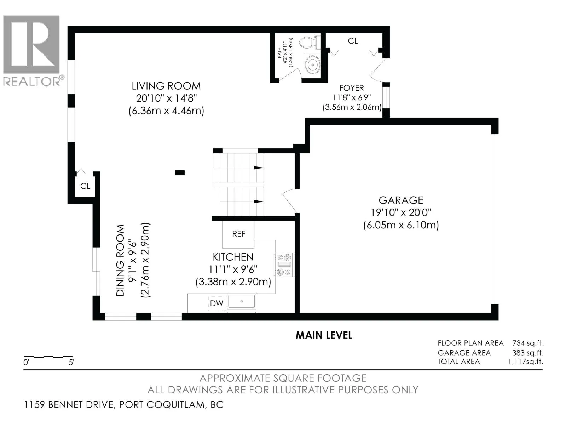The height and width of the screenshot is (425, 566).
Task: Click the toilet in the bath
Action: [310, 43]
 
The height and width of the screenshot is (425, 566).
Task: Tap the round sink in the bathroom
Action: [312, 64]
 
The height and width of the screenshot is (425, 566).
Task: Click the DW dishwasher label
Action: [216, 304]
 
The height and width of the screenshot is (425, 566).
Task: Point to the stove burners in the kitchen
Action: [284, 265]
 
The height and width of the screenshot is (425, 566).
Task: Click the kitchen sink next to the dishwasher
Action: [242, 301]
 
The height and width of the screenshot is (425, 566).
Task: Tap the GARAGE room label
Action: [401, 200]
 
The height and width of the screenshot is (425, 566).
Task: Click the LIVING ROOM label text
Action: [166, 86]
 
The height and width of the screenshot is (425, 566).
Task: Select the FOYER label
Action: [352, 88]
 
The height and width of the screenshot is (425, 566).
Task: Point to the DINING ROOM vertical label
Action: [120, 260]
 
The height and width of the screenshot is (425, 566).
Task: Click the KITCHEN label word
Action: [233, 257]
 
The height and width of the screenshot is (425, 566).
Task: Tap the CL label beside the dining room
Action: [85, 186]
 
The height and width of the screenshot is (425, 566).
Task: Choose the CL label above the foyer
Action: [353, 41]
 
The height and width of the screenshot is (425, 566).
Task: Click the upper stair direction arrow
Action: [259, 168]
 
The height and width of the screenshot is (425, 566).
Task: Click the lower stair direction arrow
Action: [259, 202]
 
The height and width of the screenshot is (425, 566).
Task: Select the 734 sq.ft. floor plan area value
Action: [528, 343]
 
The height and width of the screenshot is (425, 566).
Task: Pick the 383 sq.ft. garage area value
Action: [528, 353]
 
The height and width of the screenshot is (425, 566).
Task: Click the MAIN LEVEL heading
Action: [324, 335]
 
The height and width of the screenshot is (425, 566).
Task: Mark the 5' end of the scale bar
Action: [72, 357]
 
